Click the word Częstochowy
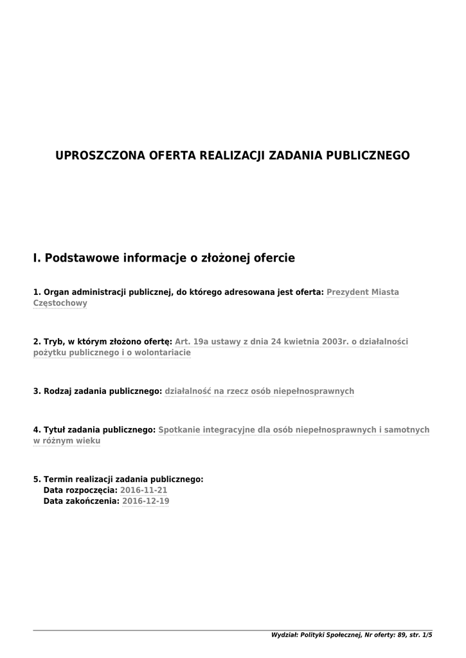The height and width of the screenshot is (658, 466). pyautogui.click(x=60, y=303)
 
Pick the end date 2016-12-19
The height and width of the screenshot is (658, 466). pyautogui.click(x=145, y=501)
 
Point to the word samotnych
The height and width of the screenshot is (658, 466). pyautogui.click(x=408, y=429)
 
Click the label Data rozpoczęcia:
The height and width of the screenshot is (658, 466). pyautogui.click(x=80, y=490)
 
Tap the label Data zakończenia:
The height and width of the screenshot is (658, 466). pyautogui.click(x=81, y=501)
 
